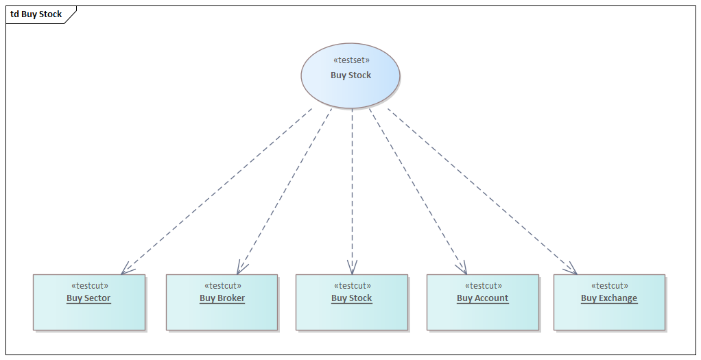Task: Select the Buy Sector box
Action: coord(89,312)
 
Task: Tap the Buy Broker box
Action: coord(222,312)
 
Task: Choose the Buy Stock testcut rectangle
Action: coord(351,312)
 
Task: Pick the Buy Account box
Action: coord(482,312)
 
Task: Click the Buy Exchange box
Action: coord(609,312)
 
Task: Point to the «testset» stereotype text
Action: coord(350,60)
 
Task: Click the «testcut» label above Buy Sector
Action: coord(89,286)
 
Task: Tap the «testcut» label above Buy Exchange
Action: coord(609,286)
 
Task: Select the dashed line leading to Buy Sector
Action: coord(216,191)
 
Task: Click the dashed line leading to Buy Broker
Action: coord(285,191)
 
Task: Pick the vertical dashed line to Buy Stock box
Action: coord(352,191)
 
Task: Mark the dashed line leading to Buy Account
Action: coord(418,191)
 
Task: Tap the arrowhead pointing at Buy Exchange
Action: coord(571,269)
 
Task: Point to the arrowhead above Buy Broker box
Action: coord(241,269)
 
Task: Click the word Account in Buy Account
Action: coord(492,298)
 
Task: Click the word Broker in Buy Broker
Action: coord(231,298)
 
